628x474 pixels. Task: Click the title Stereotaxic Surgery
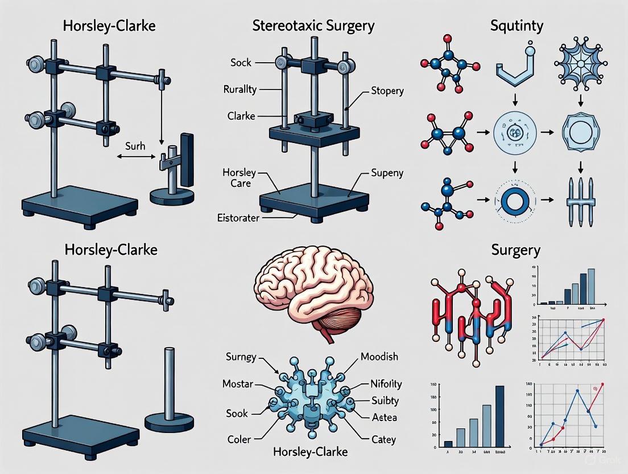[x=313, y=26]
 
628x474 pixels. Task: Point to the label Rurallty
[x=239, y=89]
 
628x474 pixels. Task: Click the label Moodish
[x=379, y=357]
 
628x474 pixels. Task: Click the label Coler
[x=239, y=439]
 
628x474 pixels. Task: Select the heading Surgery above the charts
[x=515, y=250]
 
